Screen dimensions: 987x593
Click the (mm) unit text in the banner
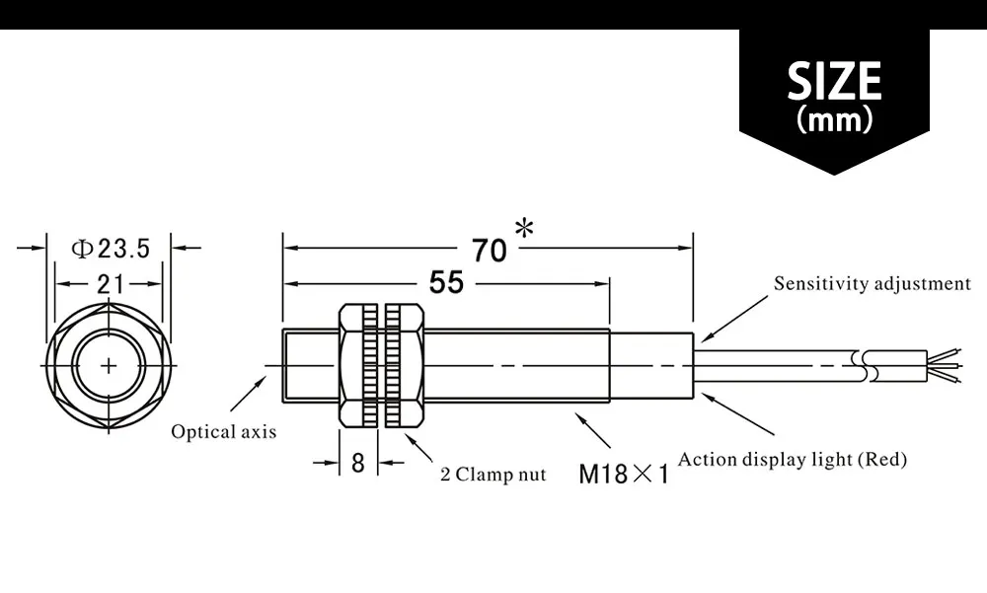[x=834, y=121]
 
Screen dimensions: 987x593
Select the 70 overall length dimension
[x=489, y=251]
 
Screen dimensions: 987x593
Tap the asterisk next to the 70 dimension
[x=524, y=231]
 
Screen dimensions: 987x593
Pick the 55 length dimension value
[x=446, y=283]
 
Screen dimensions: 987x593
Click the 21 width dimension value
[x=109, y=284]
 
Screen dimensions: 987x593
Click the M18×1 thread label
[x=624, y=475]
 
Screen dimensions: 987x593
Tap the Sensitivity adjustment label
[x=873, y=284]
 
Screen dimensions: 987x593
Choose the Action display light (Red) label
[x=793, y=459]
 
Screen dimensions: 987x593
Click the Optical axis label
[x=224, y=431]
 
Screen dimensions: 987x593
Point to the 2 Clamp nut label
[x=493, y=475]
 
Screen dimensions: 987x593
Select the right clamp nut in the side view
[x=405, y=367]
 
